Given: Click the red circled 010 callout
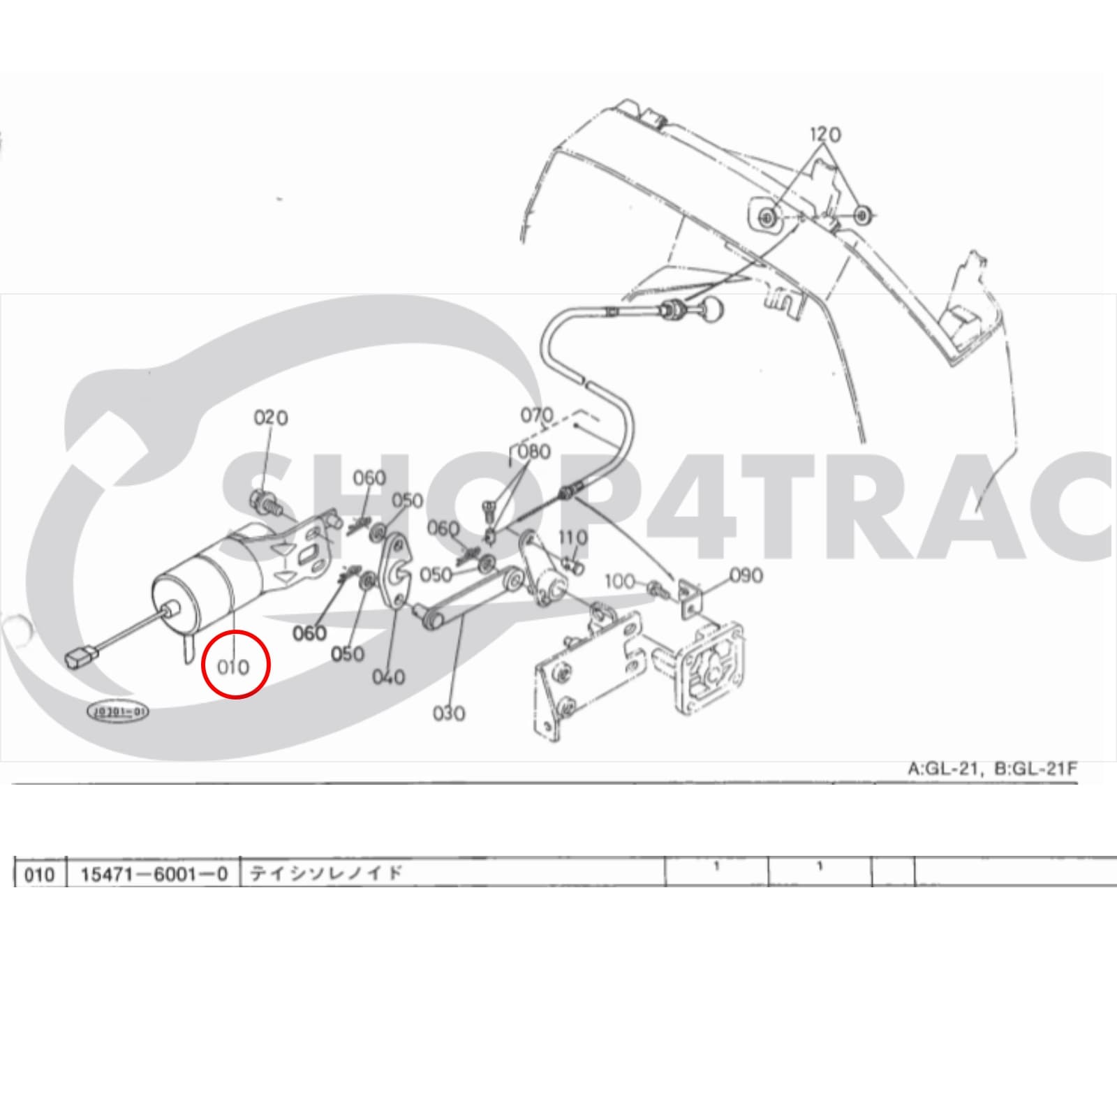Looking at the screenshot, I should point(234,666).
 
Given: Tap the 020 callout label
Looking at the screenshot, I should point(270,417).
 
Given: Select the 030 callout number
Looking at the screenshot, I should point(448,713).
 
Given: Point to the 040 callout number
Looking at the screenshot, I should point(388,676).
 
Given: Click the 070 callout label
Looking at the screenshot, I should point(536,415).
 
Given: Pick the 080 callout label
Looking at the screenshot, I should point(534,451).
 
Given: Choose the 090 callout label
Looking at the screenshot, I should point(746,575).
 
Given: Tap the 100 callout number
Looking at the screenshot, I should point(619,581).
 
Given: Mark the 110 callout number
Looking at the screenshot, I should point(572,538).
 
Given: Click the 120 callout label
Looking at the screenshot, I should point(825,133).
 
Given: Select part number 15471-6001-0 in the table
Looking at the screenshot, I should point(154,874).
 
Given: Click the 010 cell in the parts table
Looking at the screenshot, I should point(39,874).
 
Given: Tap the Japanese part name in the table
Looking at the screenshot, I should point(327,873).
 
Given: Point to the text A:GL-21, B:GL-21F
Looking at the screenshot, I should point(992,769).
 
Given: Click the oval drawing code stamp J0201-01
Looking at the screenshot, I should point(117,712).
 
